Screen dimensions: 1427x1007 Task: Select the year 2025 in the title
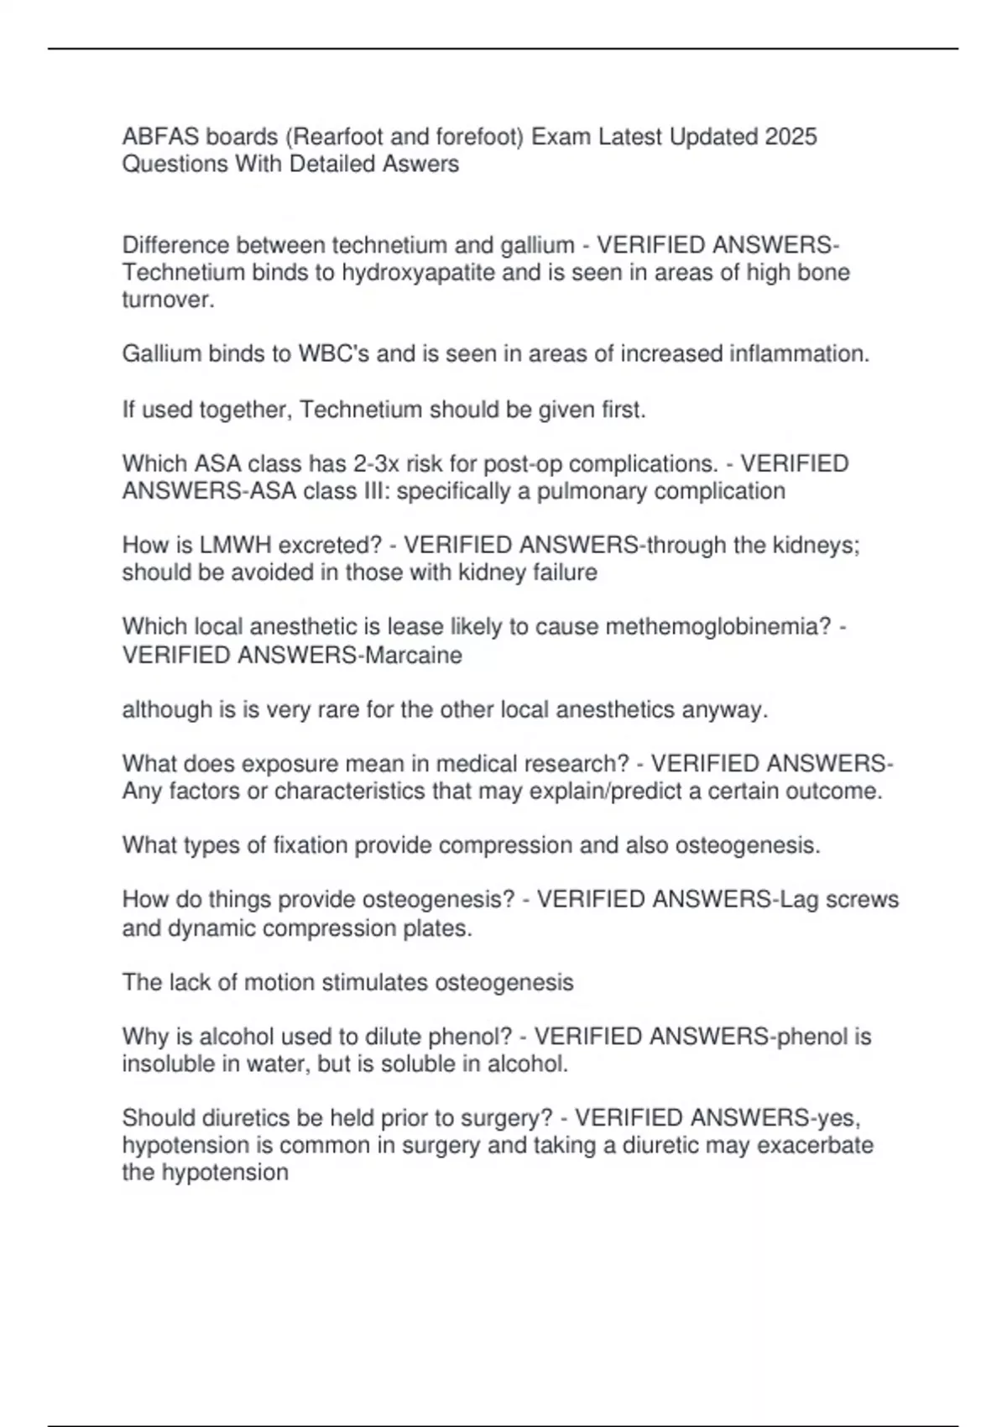coord(790,136)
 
